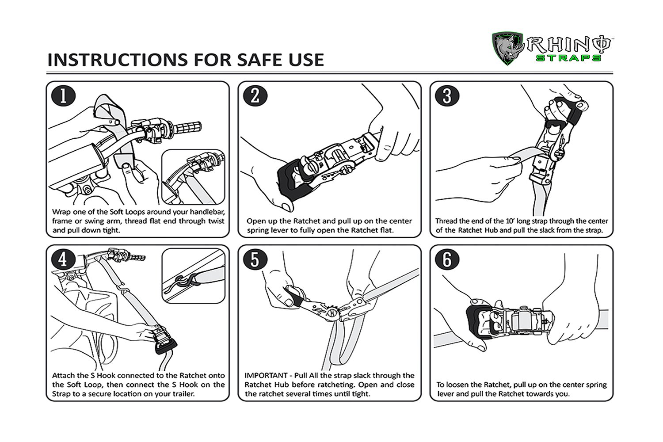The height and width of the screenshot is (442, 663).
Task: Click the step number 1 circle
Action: (63, 96)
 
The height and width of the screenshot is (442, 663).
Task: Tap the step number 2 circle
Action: (255, 96)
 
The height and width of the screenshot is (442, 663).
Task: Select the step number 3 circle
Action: (447, 96)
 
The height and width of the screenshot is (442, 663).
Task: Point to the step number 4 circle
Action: (63, 259)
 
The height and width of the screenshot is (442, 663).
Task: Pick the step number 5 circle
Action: (255, 259)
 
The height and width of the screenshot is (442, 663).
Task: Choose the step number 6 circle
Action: (447, 259)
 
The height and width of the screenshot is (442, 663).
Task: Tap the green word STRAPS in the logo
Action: (568, 58)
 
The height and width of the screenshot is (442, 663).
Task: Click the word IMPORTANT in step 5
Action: (266, 375)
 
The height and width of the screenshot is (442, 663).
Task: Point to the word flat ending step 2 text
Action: (387, 230)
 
